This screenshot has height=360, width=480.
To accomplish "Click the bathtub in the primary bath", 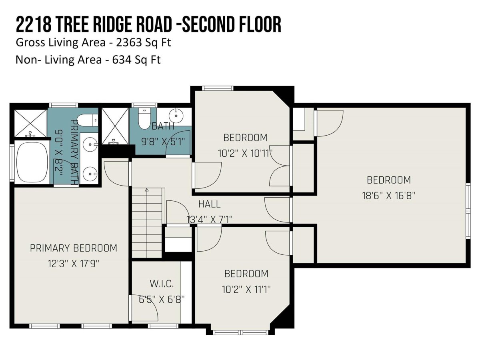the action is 32,163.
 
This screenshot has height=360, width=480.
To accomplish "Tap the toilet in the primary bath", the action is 87,120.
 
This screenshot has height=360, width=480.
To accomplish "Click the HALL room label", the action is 209,204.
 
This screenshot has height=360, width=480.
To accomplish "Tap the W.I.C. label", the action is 162,284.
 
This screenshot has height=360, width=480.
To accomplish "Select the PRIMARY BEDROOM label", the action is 74,248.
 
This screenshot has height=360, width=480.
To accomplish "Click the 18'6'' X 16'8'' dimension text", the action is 388,196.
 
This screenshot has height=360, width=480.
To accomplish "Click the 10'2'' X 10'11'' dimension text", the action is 245,153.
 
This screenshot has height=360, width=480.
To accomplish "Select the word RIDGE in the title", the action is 113,25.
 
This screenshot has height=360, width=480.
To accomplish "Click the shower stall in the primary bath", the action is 30,123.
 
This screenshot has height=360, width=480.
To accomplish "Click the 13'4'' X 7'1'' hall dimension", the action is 209,220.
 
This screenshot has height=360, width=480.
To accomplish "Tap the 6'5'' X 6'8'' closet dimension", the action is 162,300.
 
